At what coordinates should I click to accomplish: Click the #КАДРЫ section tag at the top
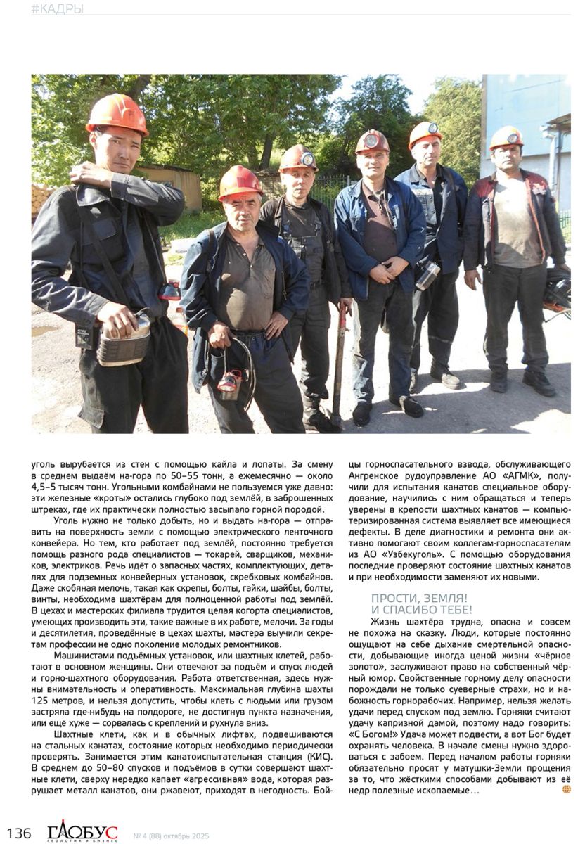pos(57,8)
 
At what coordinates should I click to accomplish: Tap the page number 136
pos(19,833)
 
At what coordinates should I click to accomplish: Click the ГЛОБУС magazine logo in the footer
pos(82,832)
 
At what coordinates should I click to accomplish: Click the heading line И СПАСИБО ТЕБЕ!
pos(421,609)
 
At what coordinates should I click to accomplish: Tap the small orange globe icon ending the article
pos(566,790)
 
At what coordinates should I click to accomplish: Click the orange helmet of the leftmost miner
pos(117,113)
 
